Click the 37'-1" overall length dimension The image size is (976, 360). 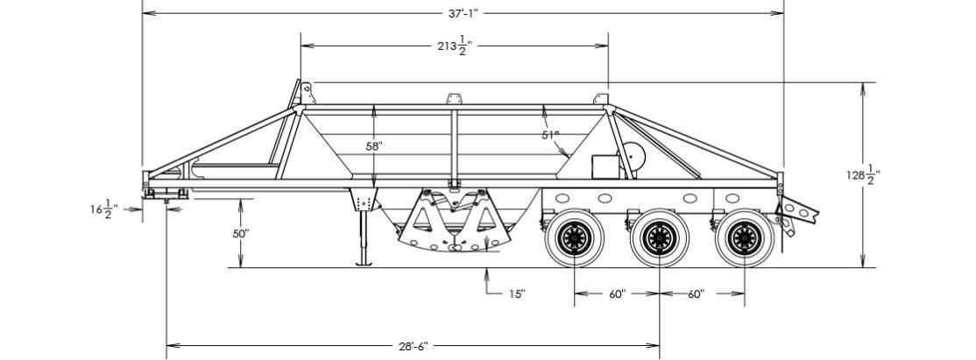[x=462, y=13]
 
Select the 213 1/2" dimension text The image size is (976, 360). [x=455, y=46]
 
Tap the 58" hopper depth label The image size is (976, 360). [x=374, y=146]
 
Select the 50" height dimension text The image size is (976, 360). [x=241, y=234]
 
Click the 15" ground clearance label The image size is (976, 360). [x=517, y=293]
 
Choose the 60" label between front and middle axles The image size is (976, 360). [x=617, y=294]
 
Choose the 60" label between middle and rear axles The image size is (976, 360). [x=696, y=294]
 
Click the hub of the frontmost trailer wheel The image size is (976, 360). [x=575, y=236]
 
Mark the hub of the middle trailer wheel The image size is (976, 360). [x=659, y=236]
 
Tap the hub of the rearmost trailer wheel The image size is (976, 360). [x=744, y=236]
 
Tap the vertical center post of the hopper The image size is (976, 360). [x=454, y=145]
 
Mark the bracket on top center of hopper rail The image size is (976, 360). [x=454, y=98]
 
